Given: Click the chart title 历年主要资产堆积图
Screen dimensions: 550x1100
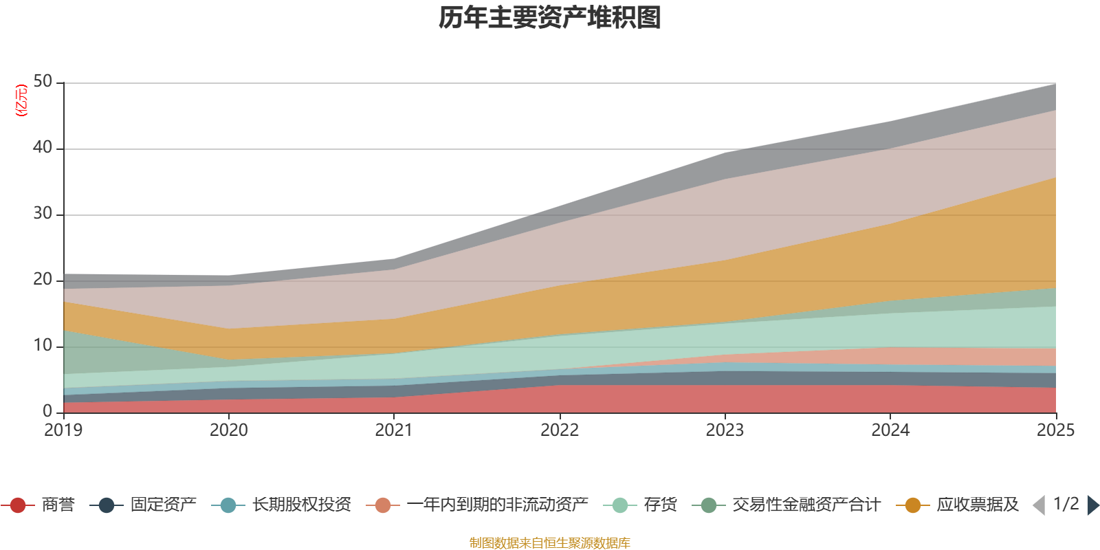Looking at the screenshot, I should click(550, 18).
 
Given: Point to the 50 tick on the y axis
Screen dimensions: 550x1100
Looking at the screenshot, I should click(43, 82).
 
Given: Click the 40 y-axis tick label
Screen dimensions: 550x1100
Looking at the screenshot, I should click(43, 148).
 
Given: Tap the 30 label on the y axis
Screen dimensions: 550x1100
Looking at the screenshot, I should click(43, 214).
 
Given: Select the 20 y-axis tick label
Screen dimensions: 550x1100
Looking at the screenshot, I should click(43, 280).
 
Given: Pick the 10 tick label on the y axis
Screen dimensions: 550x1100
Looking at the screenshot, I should click(43, 346).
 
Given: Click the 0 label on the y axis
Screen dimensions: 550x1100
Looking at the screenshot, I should click(47, 412).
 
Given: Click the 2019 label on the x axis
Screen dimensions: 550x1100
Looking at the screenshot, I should click(63, 430).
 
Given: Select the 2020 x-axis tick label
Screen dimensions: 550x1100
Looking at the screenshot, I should click(228, 430).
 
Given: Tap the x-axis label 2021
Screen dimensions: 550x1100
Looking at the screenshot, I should click(394, 430).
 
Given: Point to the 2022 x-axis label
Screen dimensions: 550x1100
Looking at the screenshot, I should click(560, 430).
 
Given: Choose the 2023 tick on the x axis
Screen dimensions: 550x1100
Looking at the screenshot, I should click(725, 430).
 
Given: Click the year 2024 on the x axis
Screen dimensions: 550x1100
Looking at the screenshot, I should click(890, 430).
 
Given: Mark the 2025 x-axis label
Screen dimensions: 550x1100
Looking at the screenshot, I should click(1055, 430).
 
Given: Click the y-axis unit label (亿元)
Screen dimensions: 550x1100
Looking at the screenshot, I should click(21, 100).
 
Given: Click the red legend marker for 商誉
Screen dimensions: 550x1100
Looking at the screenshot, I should click(18, 505).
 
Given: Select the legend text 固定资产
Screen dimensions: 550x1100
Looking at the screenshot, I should click(164, 505).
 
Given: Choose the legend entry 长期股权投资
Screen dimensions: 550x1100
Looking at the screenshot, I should click(301, 505).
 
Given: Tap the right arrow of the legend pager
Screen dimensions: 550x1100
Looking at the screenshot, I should click(1093, 505).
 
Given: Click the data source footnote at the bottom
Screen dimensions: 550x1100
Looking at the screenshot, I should click(550, 543).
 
